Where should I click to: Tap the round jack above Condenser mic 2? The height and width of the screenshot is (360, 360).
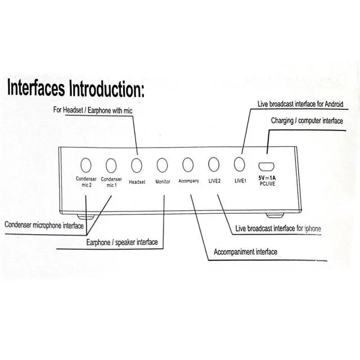85,165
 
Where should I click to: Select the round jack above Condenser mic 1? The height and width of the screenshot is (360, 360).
111,165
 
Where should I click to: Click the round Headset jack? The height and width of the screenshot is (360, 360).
137,165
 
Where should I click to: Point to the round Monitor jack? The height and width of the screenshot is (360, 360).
163,165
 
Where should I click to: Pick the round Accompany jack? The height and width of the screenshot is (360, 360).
188,165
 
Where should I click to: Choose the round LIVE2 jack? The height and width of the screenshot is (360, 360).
214,164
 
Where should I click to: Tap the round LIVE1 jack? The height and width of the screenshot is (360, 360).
240,164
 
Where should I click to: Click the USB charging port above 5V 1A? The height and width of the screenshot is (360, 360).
267,166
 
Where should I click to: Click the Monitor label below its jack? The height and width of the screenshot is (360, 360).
163,182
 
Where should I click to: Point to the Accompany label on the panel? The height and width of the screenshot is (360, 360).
188,181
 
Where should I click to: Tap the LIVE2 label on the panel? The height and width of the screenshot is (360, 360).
214,181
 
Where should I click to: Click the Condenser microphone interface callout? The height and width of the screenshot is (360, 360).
44,226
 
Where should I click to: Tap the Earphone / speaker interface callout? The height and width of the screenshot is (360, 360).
121,242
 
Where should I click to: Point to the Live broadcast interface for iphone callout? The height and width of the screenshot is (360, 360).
279,228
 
